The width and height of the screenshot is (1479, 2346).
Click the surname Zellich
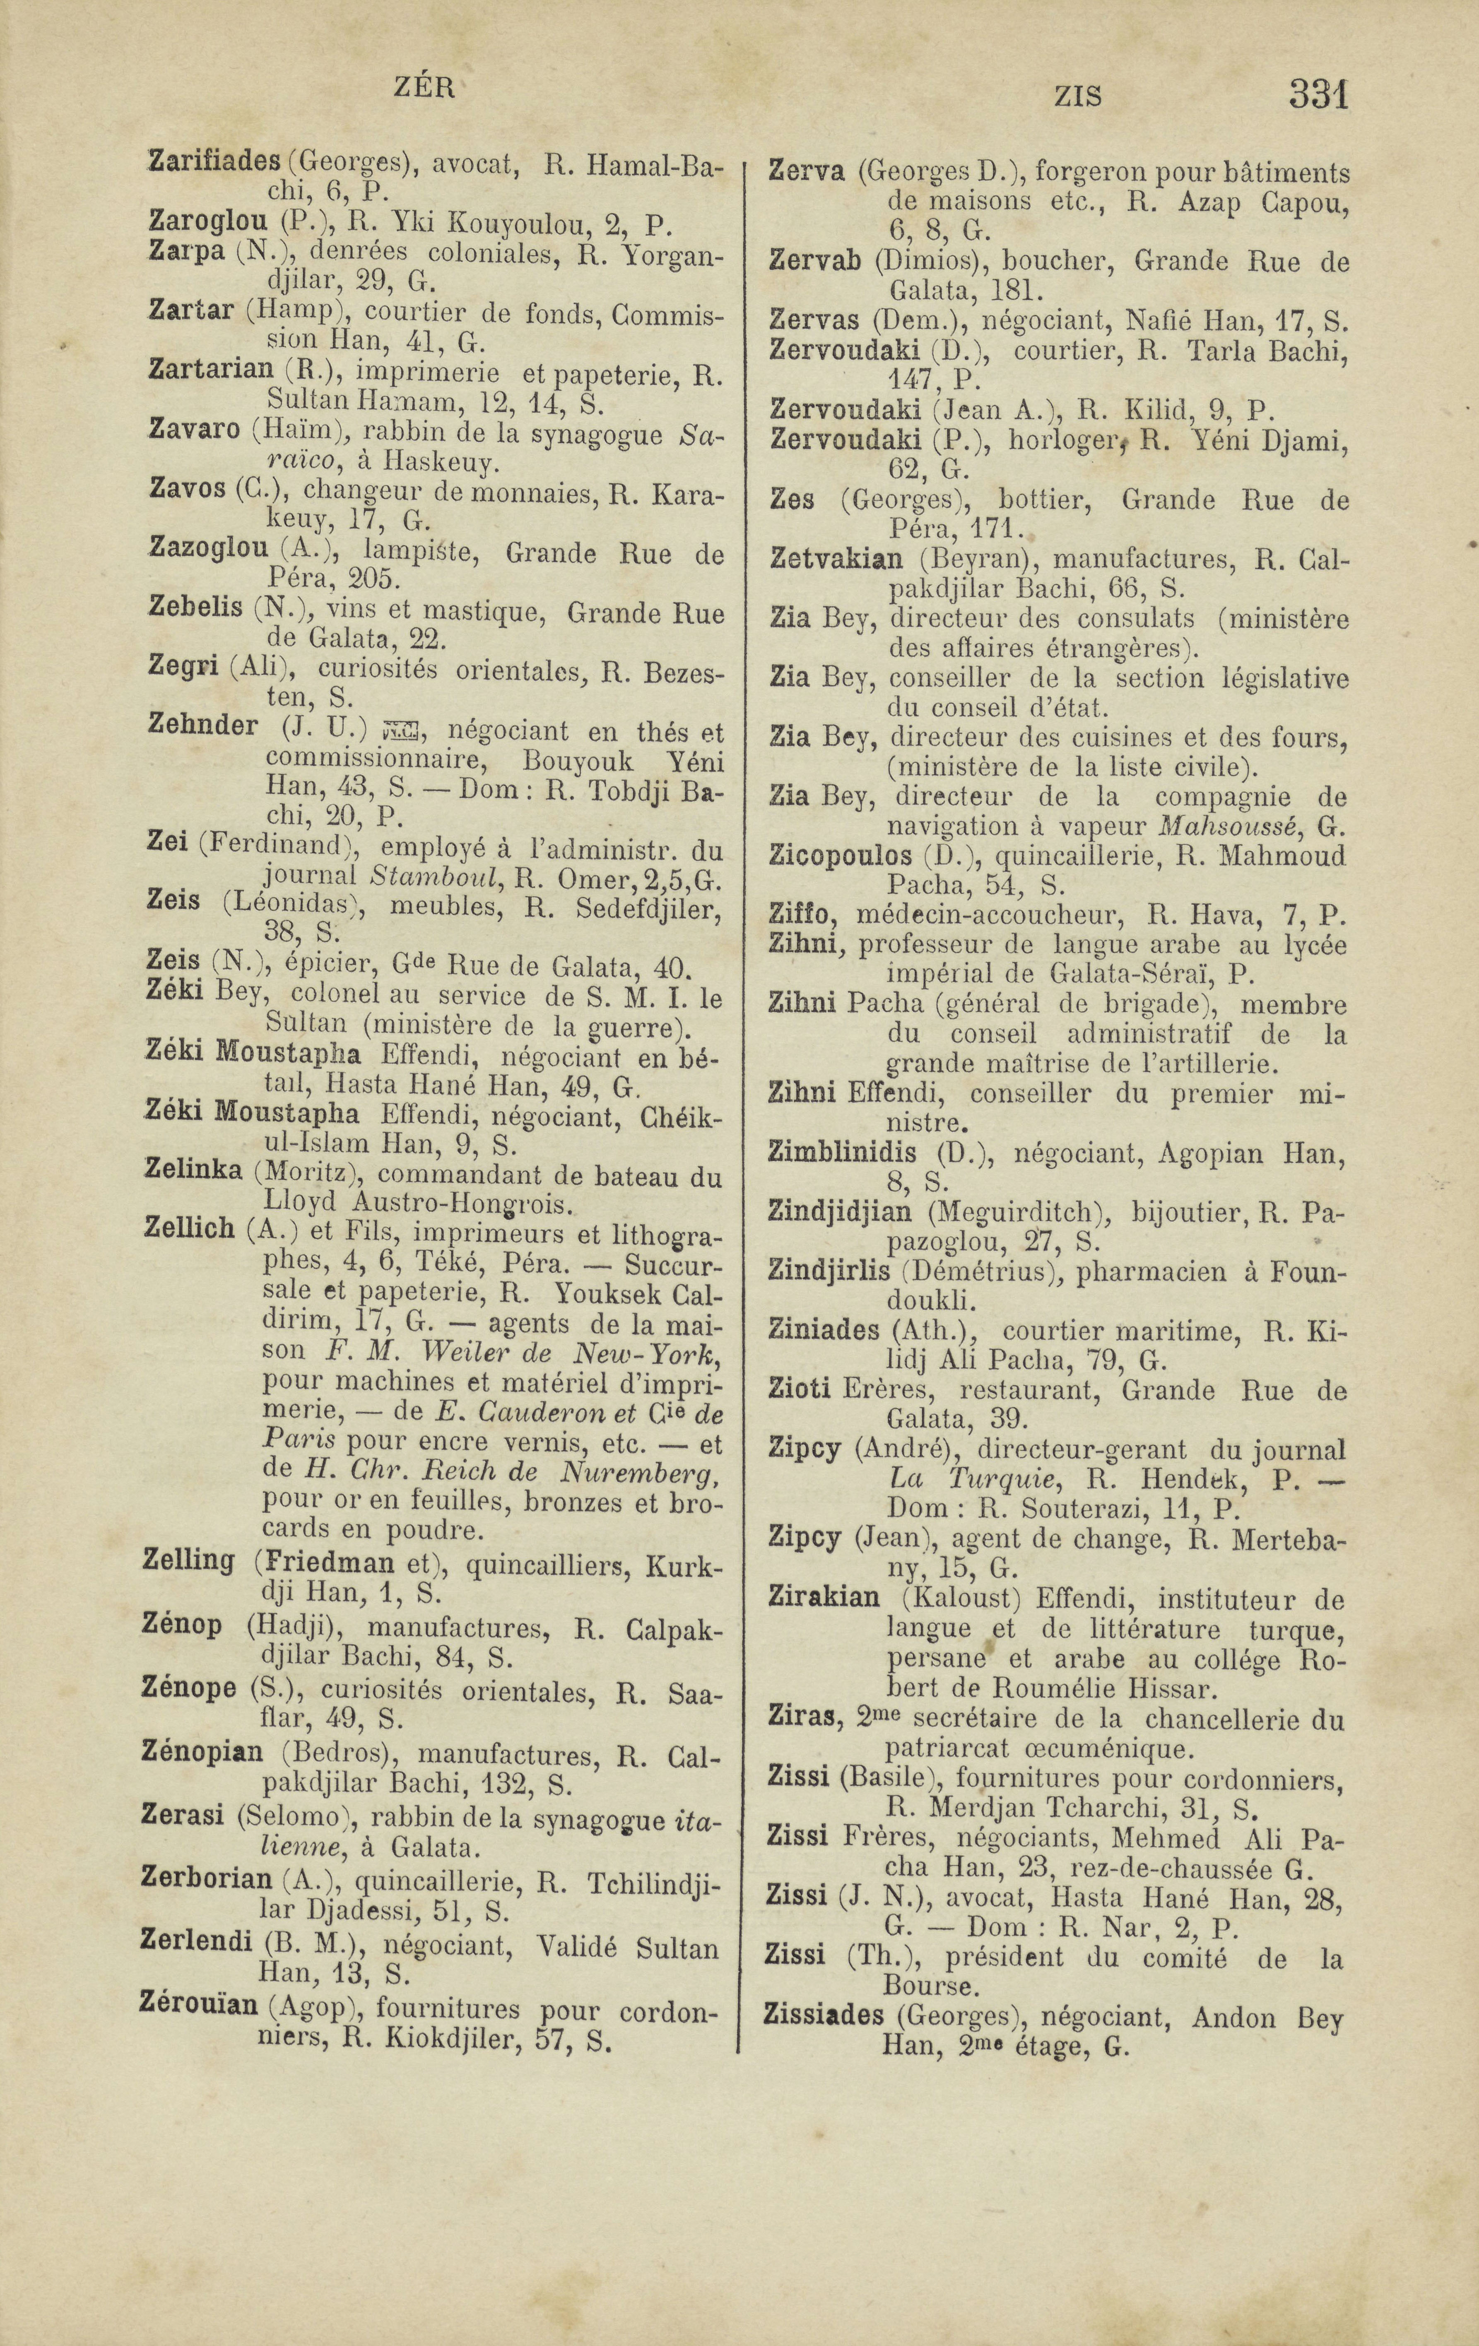click(x=189, y=1230)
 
